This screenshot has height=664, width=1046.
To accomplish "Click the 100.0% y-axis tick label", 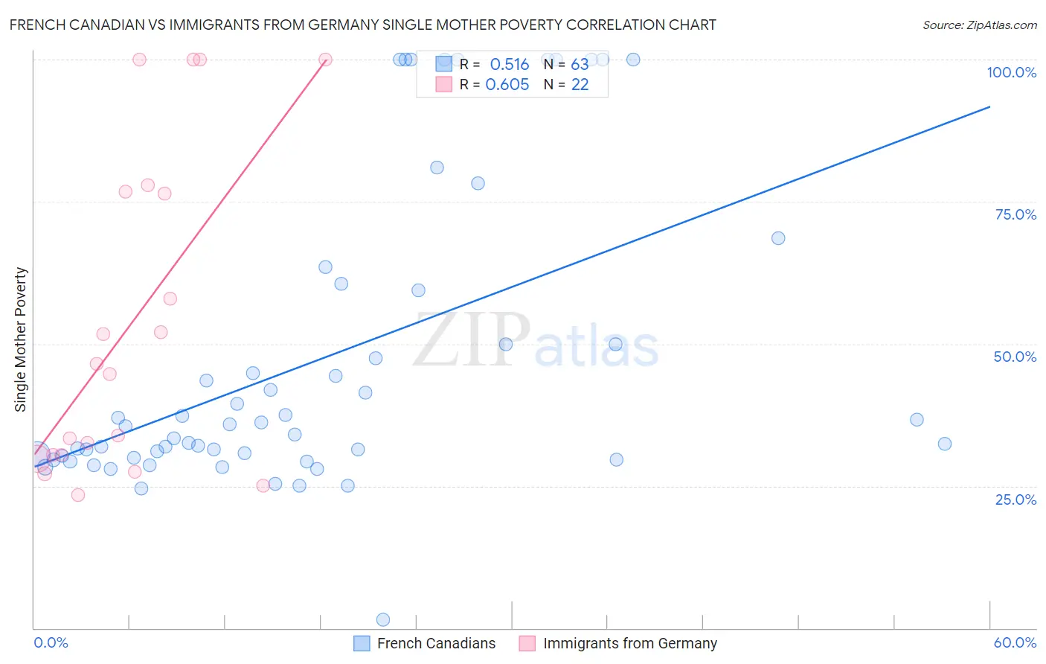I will (1011, 72).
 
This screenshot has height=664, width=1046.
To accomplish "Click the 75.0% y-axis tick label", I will (1015, 214).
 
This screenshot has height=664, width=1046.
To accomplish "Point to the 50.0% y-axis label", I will (1015, 357).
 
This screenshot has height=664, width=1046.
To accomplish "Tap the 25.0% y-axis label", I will (1015, 499).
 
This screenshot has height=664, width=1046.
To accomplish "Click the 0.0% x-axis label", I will (51, 642).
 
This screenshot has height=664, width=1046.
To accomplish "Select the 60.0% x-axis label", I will (1015, 642).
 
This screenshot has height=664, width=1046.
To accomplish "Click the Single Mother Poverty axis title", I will (21, 339).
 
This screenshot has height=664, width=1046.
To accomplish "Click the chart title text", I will (362, 25).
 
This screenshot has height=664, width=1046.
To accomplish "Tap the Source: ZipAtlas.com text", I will (979, 25).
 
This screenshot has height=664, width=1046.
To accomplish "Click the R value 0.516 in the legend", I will (509, 65).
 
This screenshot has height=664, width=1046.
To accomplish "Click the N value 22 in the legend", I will (580, 85).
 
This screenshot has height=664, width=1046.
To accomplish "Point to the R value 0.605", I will (507, 85).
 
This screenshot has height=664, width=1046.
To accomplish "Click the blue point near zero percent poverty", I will (383, 619).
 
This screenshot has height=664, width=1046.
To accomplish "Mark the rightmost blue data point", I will (945, 444).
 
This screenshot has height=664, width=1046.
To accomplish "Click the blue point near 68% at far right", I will (778, 238).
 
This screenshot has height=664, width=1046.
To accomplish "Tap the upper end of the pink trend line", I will (325, 60).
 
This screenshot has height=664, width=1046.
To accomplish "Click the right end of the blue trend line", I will (989, 107).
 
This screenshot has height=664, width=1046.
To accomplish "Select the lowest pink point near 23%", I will (78, 494).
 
